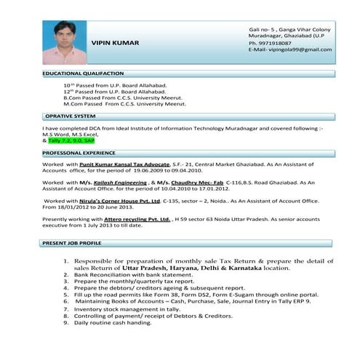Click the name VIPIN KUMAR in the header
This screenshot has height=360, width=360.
(115, 43)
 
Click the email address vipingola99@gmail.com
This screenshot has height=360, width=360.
(299, 49)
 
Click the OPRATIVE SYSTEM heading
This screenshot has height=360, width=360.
(70, 116)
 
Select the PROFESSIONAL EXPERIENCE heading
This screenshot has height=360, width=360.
(79, 154)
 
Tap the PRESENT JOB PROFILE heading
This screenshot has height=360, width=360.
(71, 242)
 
